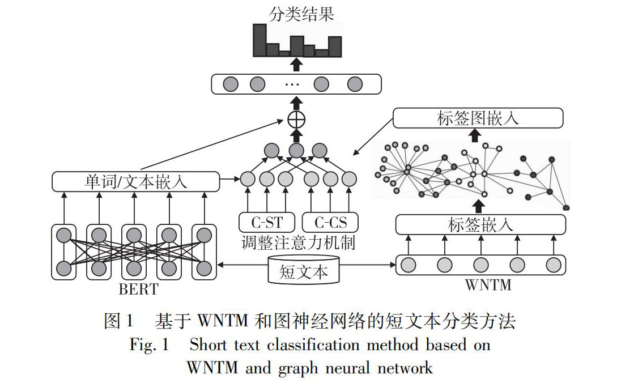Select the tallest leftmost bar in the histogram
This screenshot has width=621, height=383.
(260, 40)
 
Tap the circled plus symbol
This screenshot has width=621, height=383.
(296, 120)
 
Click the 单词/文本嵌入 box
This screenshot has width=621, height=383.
(135, 182)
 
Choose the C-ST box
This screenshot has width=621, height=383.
(266, 221)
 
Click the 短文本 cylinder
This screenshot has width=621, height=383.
(304, 271)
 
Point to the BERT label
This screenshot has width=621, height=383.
(138, 290)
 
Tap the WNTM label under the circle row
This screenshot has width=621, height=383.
(488, 284)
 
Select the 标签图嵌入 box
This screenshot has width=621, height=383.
(478, 118)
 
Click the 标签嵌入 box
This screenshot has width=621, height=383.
(480, 224)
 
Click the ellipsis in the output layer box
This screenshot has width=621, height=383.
(292, 85)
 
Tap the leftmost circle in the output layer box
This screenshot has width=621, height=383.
(229, 84)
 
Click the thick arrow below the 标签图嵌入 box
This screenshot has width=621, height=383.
(476, 135)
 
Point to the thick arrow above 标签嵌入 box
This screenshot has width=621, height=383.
(480, 205)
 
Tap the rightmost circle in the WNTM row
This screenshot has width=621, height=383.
(553, 265)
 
